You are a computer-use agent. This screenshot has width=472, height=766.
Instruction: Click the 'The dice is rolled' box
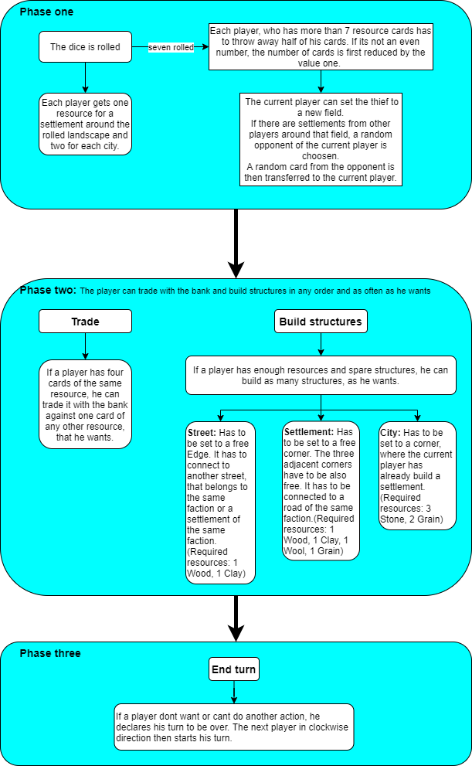tap(85, 47)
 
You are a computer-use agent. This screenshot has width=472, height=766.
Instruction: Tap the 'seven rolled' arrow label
tap(171, 47)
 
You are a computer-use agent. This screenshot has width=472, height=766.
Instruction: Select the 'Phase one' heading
tap(47, 12)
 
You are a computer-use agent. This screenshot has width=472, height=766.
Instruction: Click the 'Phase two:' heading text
tap(48, 291)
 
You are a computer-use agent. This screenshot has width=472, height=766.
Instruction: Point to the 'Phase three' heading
tap(50, 653)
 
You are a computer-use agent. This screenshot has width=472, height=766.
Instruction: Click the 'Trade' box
tap(85, 322)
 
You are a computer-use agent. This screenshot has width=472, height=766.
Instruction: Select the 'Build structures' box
tap(321, 322)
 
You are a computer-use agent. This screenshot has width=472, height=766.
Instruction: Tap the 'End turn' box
tap(234, 669)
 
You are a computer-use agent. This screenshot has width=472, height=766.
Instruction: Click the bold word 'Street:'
tap(202, 432)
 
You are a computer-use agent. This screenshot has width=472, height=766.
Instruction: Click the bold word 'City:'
tap(390, 432)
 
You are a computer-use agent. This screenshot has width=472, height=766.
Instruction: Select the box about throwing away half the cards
tap(320, 47)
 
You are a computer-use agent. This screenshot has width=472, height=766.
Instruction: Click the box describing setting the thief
tap(321, 139)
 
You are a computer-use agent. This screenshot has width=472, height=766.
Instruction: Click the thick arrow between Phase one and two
tap(236, 243)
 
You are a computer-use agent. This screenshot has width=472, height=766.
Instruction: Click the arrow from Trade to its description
tap(85, 346)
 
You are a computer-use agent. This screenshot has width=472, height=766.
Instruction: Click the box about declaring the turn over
tap(234, 727)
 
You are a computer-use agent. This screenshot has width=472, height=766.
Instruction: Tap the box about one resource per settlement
tap(85, 124)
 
